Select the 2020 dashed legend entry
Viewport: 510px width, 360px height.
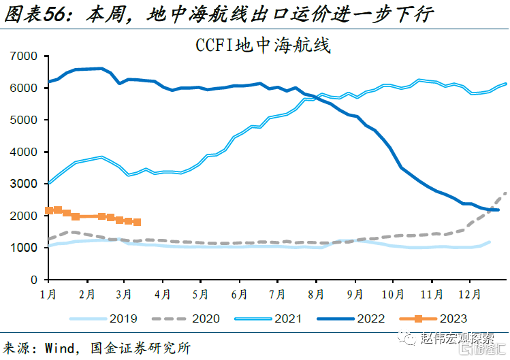[184, 318]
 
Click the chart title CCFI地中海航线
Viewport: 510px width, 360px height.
[262, 46]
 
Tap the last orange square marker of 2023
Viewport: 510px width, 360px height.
[137, 222]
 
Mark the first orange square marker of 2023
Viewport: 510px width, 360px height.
[49, 211]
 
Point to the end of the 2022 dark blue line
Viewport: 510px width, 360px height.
[498, 210]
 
